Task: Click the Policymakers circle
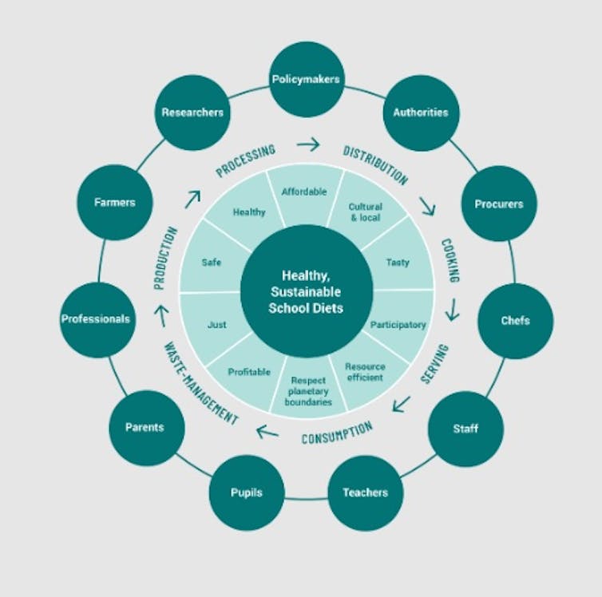[x=307, y=80]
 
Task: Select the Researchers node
[x=192, y=113]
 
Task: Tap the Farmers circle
[x=115, y=203]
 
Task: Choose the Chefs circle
[x=515, y=321]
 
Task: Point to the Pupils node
[x=247, y=492]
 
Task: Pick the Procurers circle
[x=499, y=204]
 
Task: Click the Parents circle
[x=145, y=427]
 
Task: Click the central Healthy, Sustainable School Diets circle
[x=307, y=292]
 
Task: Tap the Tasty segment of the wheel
[x=397, y=262]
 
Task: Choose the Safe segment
[x=212, y=262]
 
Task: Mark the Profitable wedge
[x=249, y=372]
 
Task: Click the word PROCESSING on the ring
[x=246, y=160]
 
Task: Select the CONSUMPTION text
[x=337, y=433]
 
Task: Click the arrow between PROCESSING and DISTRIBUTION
[x=307, y=144]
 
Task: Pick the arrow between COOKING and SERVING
[x=453, y=309]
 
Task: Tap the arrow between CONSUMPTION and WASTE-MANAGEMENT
[x=267, y=433]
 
